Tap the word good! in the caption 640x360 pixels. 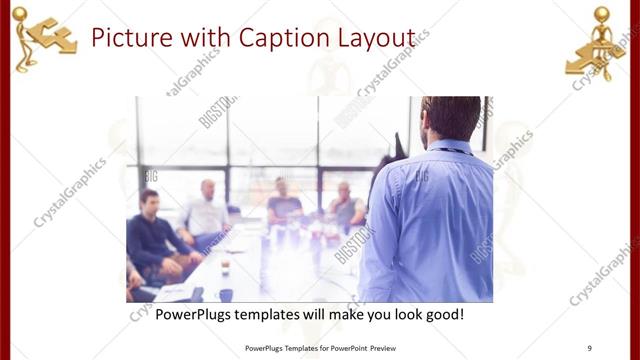coord(440,314)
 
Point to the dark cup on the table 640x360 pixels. coord(225,294)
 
